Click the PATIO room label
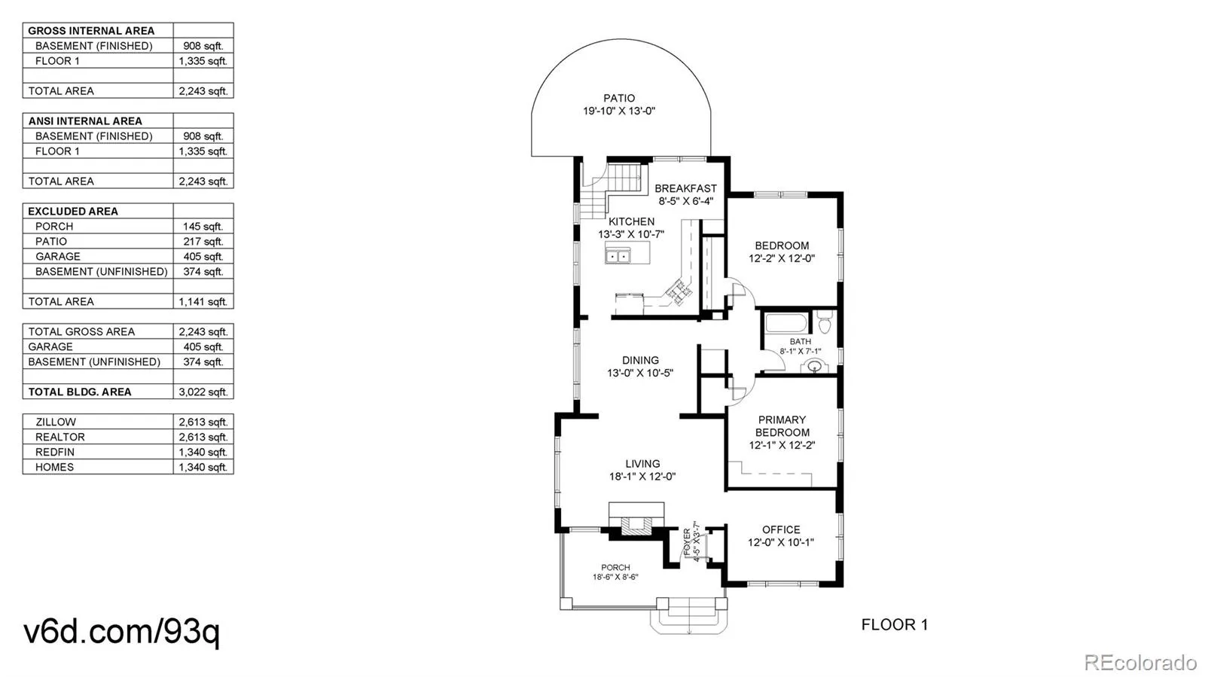tap(618, 99)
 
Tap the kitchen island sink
tap(618, 256)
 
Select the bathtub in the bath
tap(786, 323)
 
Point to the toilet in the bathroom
tap(824, 322)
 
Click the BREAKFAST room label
tap(685, 189)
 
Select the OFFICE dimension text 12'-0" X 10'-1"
tap(780, 542)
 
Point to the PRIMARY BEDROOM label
tap(782, 426)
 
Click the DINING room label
tap(640, 360)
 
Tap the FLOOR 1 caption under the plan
tap(894, 625)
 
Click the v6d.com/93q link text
tap(121, 633)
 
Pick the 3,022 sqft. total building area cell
tap(203, 392)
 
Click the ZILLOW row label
tap(56, 422)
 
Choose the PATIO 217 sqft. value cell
tap(203, 242)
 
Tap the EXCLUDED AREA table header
tap(72, 212)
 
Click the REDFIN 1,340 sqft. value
tap(203, 453)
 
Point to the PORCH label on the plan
tap(615, 567)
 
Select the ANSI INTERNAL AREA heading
tap(85, 121)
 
